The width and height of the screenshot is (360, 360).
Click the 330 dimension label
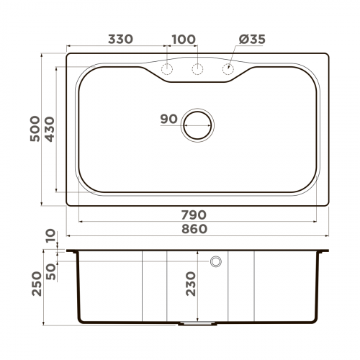pos(120,40)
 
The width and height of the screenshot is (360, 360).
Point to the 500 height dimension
pos(35,130)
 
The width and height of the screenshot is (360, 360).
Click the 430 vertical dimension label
pos(49,130)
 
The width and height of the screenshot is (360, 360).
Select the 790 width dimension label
pos(194,215)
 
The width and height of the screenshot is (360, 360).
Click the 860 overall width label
pos(194,229)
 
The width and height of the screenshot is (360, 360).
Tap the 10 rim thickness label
pos(49,235)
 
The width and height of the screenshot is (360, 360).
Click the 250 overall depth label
pos(35,284)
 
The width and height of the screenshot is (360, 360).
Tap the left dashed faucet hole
pos(167,69)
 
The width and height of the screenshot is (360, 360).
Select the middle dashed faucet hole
pos(197,69)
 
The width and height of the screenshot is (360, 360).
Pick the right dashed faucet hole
pos(228,69)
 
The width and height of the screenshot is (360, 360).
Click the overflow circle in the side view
pos(215,261)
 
